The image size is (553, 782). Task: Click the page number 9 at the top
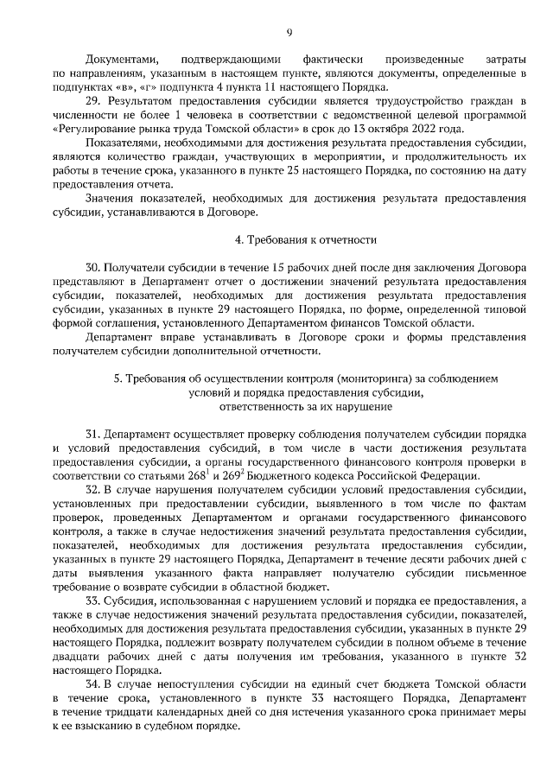[289, 33]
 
